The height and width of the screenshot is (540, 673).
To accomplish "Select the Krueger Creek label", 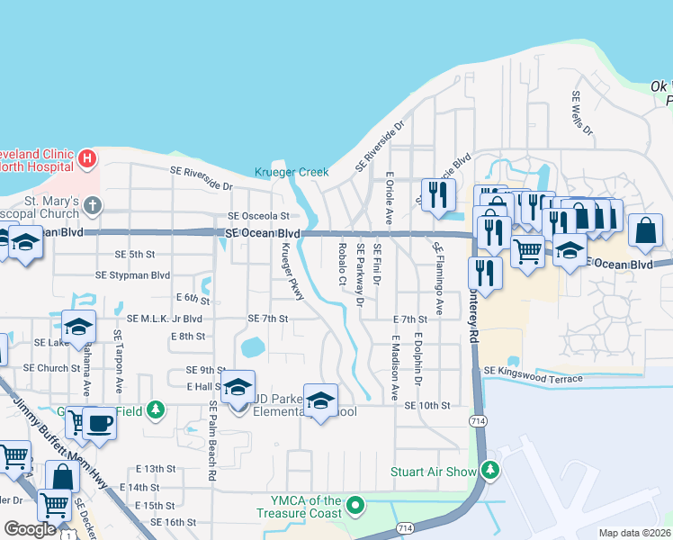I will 292,172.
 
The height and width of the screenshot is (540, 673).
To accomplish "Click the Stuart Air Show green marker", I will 490,471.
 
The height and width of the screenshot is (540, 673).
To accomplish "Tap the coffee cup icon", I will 98,422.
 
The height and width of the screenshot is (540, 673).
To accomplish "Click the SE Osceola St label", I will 258,216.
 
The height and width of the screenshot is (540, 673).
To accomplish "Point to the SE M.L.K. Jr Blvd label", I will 164,319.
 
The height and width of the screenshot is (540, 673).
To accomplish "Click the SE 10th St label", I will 426,406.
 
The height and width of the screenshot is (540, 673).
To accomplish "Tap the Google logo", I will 30,528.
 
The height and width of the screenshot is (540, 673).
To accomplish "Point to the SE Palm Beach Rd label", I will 212,441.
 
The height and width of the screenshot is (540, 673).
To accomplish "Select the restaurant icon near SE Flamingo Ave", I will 437,195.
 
